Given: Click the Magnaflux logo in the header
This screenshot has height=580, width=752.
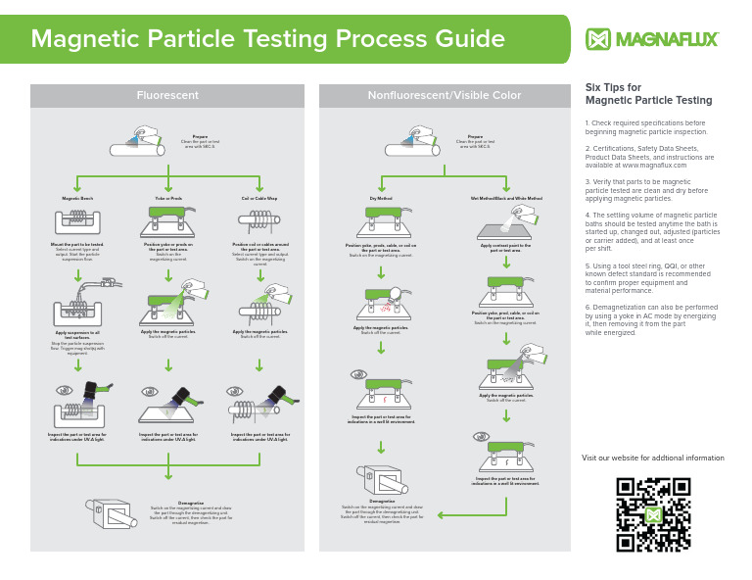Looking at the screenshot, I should coord(651,38).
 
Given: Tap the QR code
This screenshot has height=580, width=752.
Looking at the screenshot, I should coord(653,514).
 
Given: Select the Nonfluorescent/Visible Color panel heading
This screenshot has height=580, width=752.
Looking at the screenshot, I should coord(444,95).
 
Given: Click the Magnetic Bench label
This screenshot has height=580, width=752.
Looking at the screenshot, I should coord(76,198).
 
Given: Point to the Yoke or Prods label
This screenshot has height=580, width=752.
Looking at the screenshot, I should coord(168,198).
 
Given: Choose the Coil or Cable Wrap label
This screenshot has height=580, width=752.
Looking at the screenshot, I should coord(259,198).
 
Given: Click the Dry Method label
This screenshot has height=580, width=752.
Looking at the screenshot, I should coord(381,198).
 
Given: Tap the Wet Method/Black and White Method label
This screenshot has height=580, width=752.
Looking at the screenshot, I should coord(505,198).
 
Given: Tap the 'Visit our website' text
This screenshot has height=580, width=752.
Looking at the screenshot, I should coord(652,458).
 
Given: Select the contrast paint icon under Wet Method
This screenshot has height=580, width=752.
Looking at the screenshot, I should coord(505,226).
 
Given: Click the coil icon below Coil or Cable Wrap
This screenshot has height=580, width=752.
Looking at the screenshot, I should coord(259,221).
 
